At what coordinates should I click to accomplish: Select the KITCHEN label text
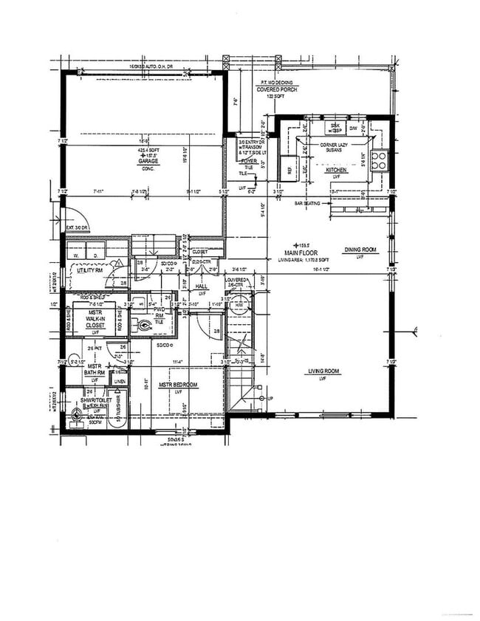[337, 169]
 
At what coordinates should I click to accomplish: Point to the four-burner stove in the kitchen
[378, 159]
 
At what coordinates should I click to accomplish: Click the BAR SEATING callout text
[308, 202]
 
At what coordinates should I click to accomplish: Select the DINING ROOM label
[360, 250]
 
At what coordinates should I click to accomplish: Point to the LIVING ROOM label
[323, 371]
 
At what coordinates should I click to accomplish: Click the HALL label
[200, 286]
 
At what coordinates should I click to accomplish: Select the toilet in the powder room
[143, 323]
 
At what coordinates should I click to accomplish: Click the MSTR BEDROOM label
[179, 385]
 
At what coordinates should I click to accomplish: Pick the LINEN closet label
[120, 381]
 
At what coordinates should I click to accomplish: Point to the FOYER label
[248, 160]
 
